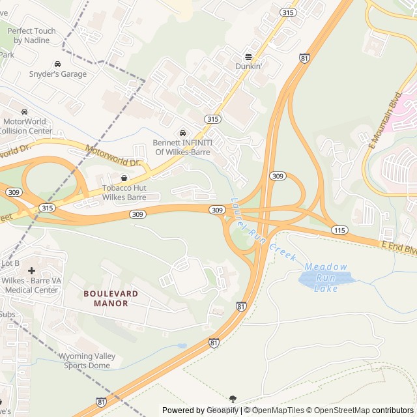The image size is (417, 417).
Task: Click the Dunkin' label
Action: [248, 66]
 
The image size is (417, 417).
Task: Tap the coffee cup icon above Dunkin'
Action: [248, 56]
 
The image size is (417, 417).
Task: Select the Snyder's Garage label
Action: [57, 74]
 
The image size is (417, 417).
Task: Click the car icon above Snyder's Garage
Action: [57, 65]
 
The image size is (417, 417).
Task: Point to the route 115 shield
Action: [339, 230]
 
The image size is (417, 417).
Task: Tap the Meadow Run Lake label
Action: [326, 278]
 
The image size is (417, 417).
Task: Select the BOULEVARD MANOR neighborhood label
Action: [111, 298]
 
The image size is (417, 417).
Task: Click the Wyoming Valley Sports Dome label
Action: [87, 360]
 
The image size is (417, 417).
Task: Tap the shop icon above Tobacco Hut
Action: [124, 178]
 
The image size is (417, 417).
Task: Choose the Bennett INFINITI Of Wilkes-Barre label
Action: [181, 147]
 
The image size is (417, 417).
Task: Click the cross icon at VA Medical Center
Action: [31, 270]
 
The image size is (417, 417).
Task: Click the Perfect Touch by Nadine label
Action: [31, 35]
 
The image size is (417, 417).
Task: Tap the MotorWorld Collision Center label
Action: [25, 126]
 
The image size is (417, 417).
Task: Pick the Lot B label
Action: [10, 263]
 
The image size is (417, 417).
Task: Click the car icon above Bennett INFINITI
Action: [182, 134]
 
